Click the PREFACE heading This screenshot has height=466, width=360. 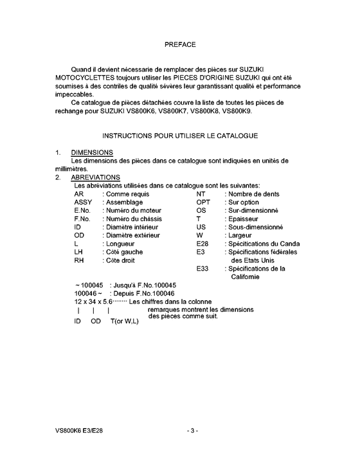(180, 45)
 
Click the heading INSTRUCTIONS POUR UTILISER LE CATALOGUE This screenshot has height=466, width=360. (180, 136)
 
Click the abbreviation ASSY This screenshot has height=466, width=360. (84, 202)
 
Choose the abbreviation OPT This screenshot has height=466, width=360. (203, 202)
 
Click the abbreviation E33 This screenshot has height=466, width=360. (203, 269)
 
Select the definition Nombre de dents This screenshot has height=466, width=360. (253, 193)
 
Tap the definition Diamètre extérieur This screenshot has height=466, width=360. (133, 235)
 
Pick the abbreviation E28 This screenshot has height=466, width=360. (203, 244)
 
